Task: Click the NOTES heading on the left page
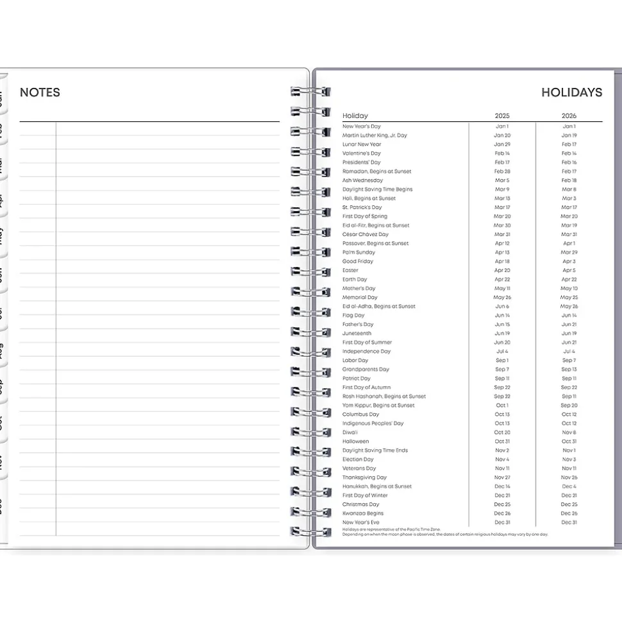[40, 92]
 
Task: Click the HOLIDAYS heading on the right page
[571, 92]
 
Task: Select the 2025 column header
[502, 116]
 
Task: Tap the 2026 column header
[569, 116]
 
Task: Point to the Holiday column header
[355, 116]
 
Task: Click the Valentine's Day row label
[362, 153]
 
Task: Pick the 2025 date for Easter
[502, 271]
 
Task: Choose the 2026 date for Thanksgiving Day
[569, 477]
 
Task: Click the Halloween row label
[356, 441]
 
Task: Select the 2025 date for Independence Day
[502, 352]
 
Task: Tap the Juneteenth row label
[357, 334]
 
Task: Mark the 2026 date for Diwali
[569, 432]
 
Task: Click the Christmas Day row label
[361, 504]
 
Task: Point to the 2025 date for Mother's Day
[502, 289]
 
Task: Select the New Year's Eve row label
[361, 522]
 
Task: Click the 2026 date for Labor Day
[569, 361]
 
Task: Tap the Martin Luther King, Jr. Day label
[374, 135]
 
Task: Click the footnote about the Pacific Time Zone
[391, 529]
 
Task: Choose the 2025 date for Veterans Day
[502, 468]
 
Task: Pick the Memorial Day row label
[360, 298]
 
